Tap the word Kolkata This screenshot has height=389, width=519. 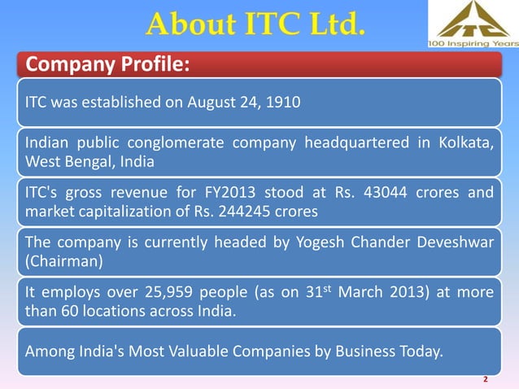[468, 145]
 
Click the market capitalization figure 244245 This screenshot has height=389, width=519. [230, 212]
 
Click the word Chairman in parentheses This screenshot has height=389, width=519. [58, 260]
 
